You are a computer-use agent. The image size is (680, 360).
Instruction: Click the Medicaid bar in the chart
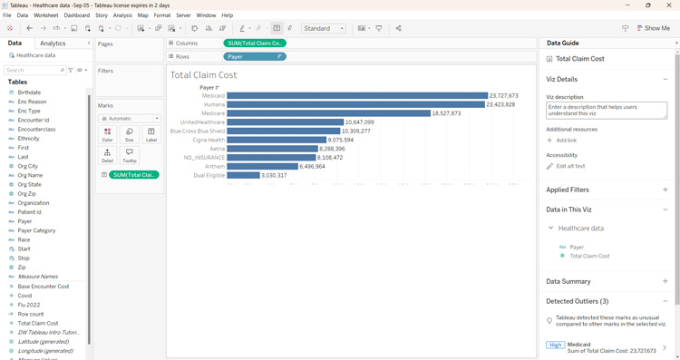coord(357,95)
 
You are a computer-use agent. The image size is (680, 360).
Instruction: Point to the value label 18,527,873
coord(446,113)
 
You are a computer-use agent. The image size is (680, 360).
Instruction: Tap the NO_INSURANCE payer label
coord(204,158)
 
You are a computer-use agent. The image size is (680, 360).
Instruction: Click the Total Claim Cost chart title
coord(204,75)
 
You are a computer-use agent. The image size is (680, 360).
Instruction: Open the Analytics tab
coord(53,44)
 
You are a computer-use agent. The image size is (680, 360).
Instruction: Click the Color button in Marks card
coord(107,135)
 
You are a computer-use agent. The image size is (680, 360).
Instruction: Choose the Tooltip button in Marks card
coord(129,156)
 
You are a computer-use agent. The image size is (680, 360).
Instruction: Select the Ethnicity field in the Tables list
coord(28,139)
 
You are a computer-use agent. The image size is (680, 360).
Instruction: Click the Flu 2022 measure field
coord(30,305)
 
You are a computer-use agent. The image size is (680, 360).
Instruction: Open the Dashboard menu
coord(76,15)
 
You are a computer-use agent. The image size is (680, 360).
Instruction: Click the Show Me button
coord(653,28)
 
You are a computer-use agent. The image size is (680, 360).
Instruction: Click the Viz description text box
coord(606,110)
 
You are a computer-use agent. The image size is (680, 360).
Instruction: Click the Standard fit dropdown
coord(324,28)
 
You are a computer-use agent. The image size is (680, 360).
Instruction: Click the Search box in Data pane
coord(33,70)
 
